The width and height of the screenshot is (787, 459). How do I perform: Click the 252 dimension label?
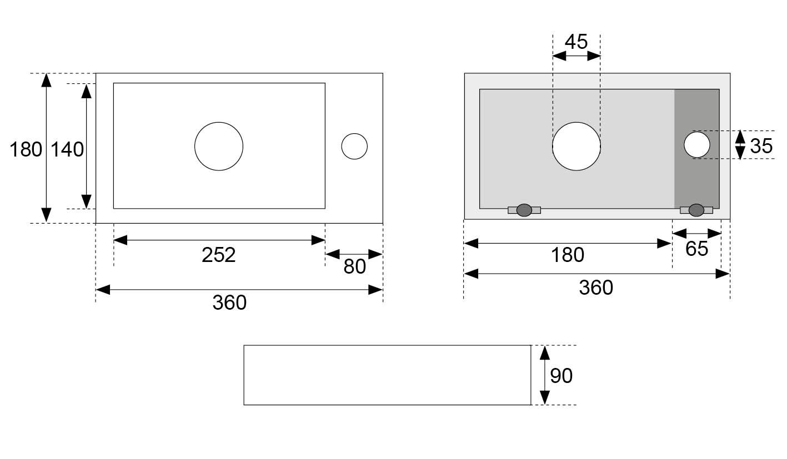click(x=218, y=255)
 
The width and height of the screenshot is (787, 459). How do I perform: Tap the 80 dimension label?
click(x=354, y=266)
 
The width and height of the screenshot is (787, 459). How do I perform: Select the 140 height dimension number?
click(x=67, y=149)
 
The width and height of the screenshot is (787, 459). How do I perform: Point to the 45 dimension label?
click(x=576, y=42)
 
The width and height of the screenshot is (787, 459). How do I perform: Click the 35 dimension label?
click(x=761, y=146)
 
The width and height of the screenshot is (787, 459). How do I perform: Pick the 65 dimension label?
click(x=696, y=249)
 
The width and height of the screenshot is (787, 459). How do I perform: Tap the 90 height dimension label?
click(x=561, y=376)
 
